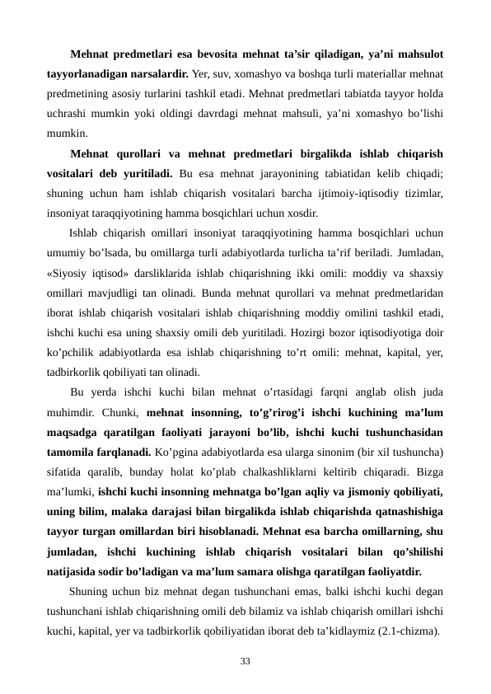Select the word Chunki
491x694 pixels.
point(120,410)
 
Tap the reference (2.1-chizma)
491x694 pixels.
point(406,632)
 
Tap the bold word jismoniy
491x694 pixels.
point(366,492)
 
